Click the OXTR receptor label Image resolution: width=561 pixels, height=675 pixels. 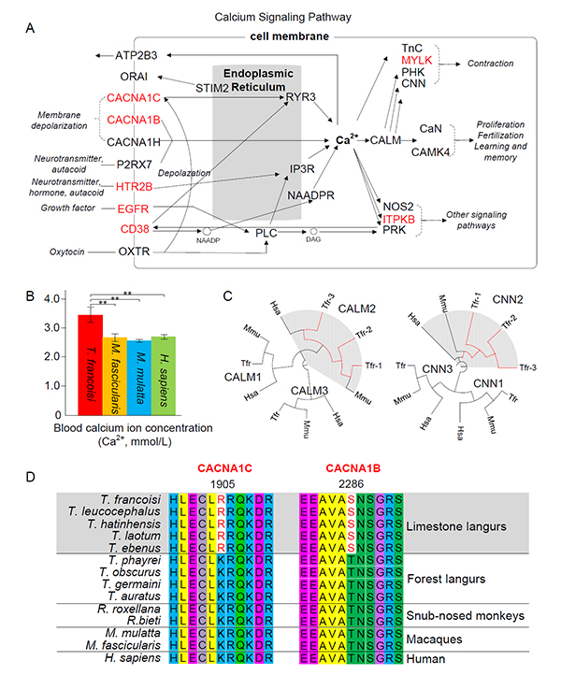(x=136, y=251)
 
